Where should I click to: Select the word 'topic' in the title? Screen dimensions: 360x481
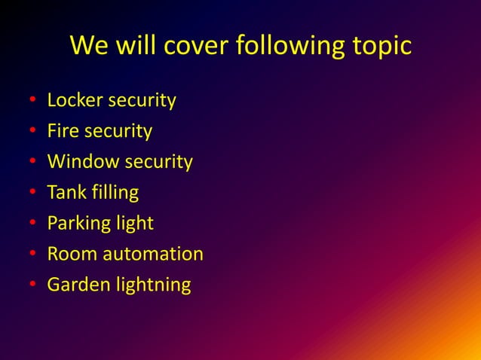[x=381, y=46]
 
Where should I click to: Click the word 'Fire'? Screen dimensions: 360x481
[x=62, y=131]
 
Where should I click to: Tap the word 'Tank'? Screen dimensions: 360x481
[x=65, y=193]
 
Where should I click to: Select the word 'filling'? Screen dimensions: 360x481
[x=113, y=193]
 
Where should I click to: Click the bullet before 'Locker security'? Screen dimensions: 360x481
[x=32, y=101]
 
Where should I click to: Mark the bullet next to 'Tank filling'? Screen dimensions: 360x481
[x=32, y=194]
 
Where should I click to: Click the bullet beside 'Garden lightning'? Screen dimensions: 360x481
[x=32, y=285]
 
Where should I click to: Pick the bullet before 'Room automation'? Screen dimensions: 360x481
[x=32, y=255]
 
